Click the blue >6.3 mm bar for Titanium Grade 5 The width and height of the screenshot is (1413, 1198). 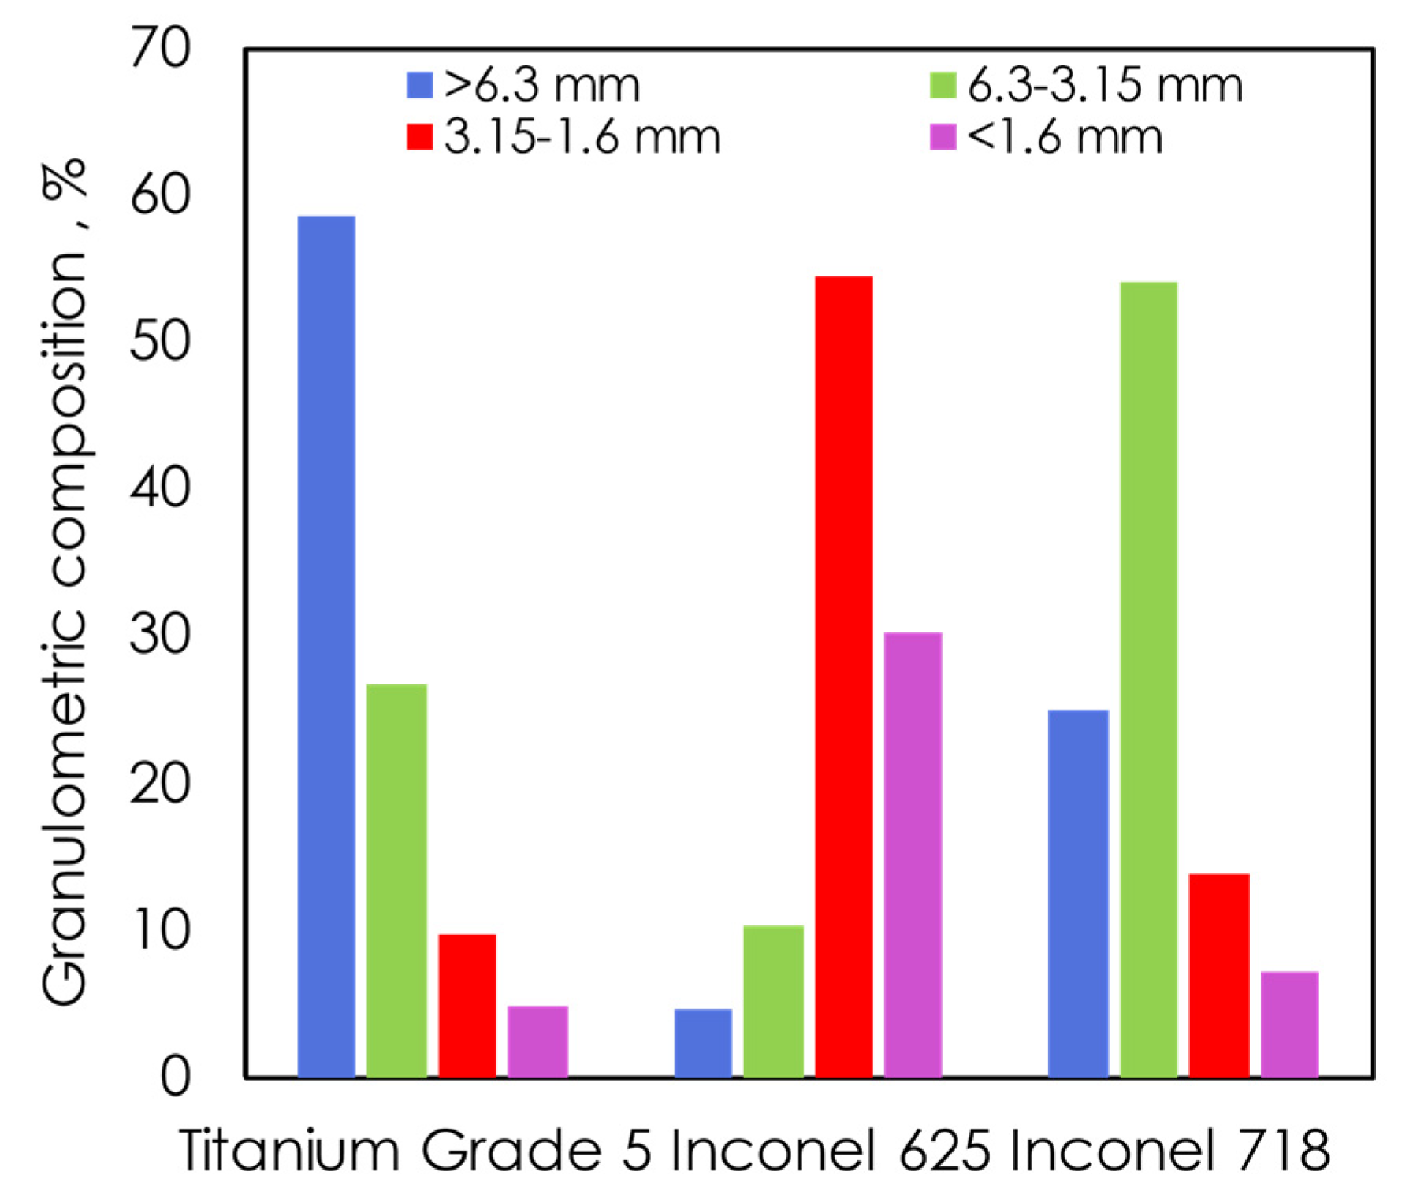326,646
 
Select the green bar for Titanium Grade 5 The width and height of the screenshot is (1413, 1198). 396,881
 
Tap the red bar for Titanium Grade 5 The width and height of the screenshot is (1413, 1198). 467,1005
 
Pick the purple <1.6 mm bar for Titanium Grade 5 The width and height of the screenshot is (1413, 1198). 537,1041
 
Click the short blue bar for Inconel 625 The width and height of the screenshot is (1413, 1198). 703,1043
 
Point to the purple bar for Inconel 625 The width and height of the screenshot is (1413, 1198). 913,855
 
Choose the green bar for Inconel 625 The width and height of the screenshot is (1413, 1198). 773,1001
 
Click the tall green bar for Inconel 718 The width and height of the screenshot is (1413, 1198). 1148,679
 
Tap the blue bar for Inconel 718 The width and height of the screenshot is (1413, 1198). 1078,893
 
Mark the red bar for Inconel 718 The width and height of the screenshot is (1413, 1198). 1219,975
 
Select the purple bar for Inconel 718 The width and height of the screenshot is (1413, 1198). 1289,1024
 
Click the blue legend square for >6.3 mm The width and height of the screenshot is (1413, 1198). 419,85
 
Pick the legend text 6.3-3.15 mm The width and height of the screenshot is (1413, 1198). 1105,85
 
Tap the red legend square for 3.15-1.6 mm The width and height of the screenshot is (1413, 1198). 419,137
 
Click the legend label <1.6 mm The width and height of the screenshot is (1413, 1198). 1065,137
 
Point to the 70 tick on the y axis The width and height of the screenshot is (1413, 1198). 160,49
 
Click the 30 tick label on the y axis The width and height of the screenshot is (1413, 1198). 160,635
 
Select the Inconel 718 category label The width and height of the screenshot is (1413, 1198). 1169,1151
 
